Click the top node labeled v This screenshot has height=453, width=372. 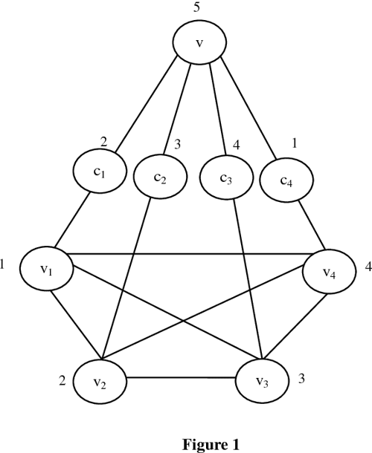(x=199, y=42)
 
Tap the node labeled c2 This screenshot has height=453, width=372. (x=159, y=178)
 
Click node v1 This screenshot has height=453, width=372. (x=47, y=268)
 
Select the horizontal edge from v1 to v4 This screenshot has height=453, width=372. (x=186, y=255)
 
